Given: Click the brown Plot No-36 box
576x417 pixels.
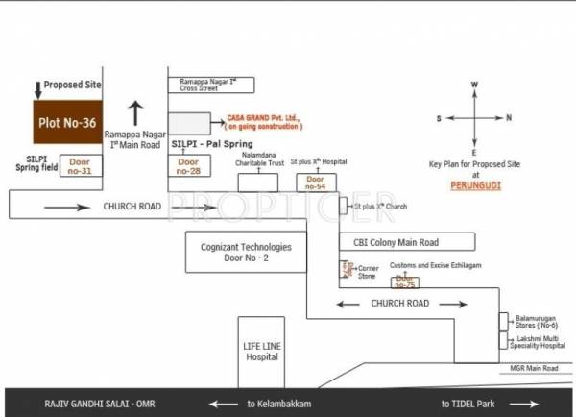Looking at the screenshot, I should [65, 123].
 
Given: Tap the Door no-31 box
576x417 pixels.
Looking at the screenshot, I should [78, 166].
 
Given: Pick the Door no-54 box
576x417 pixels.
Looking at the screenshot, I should [314, 181].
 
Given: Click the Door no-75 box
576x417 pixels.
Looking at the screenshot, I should [405, 282].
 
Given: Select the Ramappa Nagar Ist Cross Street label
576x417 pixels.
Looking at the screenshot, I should [215, 85].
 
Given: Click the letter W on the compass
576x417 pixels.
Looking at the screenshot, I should [474, 86].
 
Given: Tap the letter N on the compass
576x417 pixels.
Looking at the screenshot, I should [510, 118].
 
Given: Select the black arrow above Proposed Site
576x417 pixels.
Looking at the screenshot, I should [37, 89].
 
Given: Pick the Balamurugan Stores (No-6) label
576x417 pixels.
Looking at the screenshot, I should [534, 321].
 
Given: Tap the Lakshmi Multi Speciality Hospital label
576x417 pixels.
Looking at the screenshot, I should [537, 341].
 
